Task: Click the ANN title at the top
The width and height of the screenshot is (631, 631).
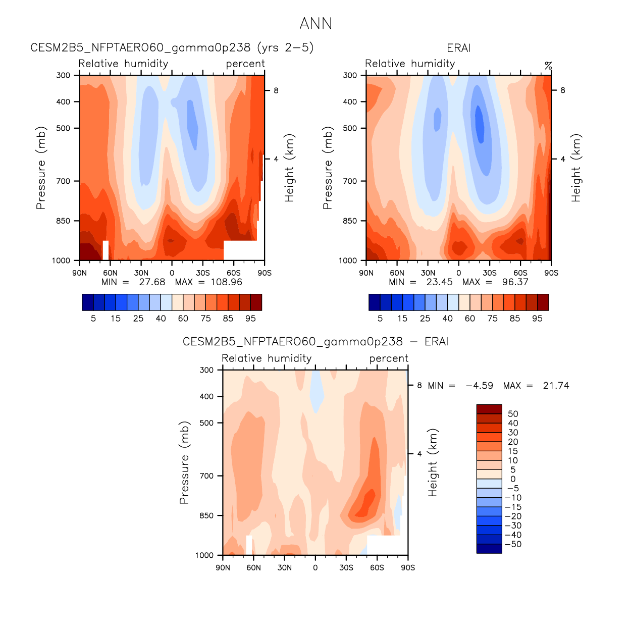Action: coord(315,24)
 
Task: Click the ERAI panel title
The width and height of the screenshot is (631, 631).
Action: coord(458,48)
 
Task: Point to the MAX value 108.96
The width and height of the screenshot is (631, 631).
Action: coord(226,282)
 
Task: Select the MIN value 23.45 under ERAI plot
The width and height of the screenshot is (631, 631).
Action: coord(439,282)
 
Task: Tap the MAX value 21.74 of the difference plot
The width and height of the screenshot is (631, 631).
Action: coord(556,386)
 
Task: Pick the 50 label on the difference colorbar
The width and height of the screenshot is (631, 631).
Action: coord(513,414)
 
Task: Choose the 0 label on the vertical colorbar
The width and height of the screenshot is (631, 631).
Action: coord(513,479)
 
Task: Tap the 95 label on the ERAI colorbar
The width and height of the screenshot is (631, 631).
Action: coord(537,319)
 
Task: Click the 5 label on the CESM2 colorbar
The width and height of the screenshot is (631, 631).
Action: coord(93,319)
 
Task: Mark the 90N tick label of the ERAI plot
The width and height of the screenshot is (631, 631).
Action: coord(366,273)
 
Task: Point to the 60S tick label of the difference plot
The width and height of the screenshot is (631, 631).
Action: coord(377,568)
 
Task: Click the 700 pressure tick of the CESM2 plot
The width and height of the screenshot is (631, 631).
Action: coord(64,181)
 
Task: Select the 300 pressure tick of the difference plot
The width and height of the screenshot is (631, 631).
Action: coord(207,370)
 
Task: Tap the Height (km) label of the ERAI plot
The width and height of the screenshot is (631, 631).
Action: coord(576,168)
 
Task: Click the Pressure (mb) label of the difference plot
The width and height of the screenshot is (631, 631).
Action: coord(184,462)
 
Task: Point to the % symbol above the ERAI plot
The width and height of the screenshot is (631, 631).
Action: coord(548,66)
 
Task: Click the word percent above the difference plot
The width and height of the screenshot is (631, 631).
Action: coord(388,358)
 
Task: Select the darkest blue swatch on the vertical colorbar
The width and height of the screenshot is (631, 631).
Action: coord(489,549)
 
